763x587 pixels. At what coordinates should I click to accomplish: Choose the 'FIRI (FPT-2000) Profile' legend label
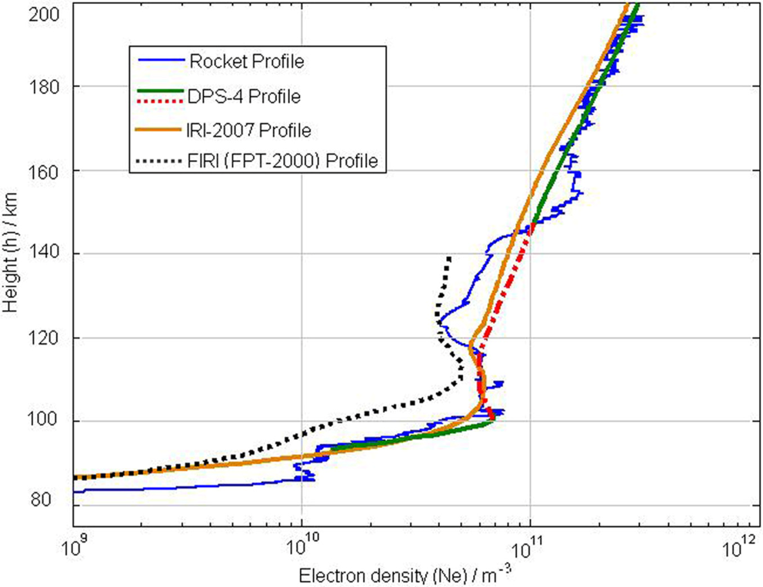(x=285, y=162)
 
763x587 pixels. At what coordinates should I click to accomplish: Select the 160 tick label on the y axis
(x=52, y=170)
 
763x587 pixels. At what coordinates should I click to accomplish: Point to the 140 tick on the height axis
(x=52, y=254)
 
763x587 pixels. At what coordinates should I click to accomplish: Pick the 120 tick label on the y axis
(x=52, y=338)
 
